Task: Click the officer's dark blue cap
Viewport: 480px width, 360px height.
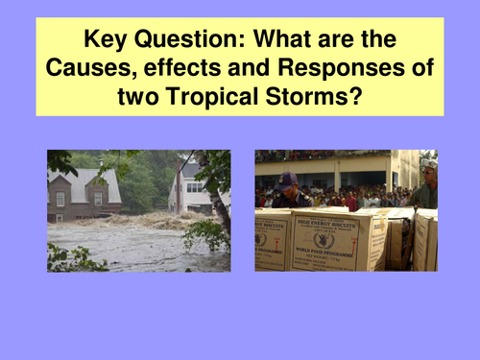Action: [x=288, y=178]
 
